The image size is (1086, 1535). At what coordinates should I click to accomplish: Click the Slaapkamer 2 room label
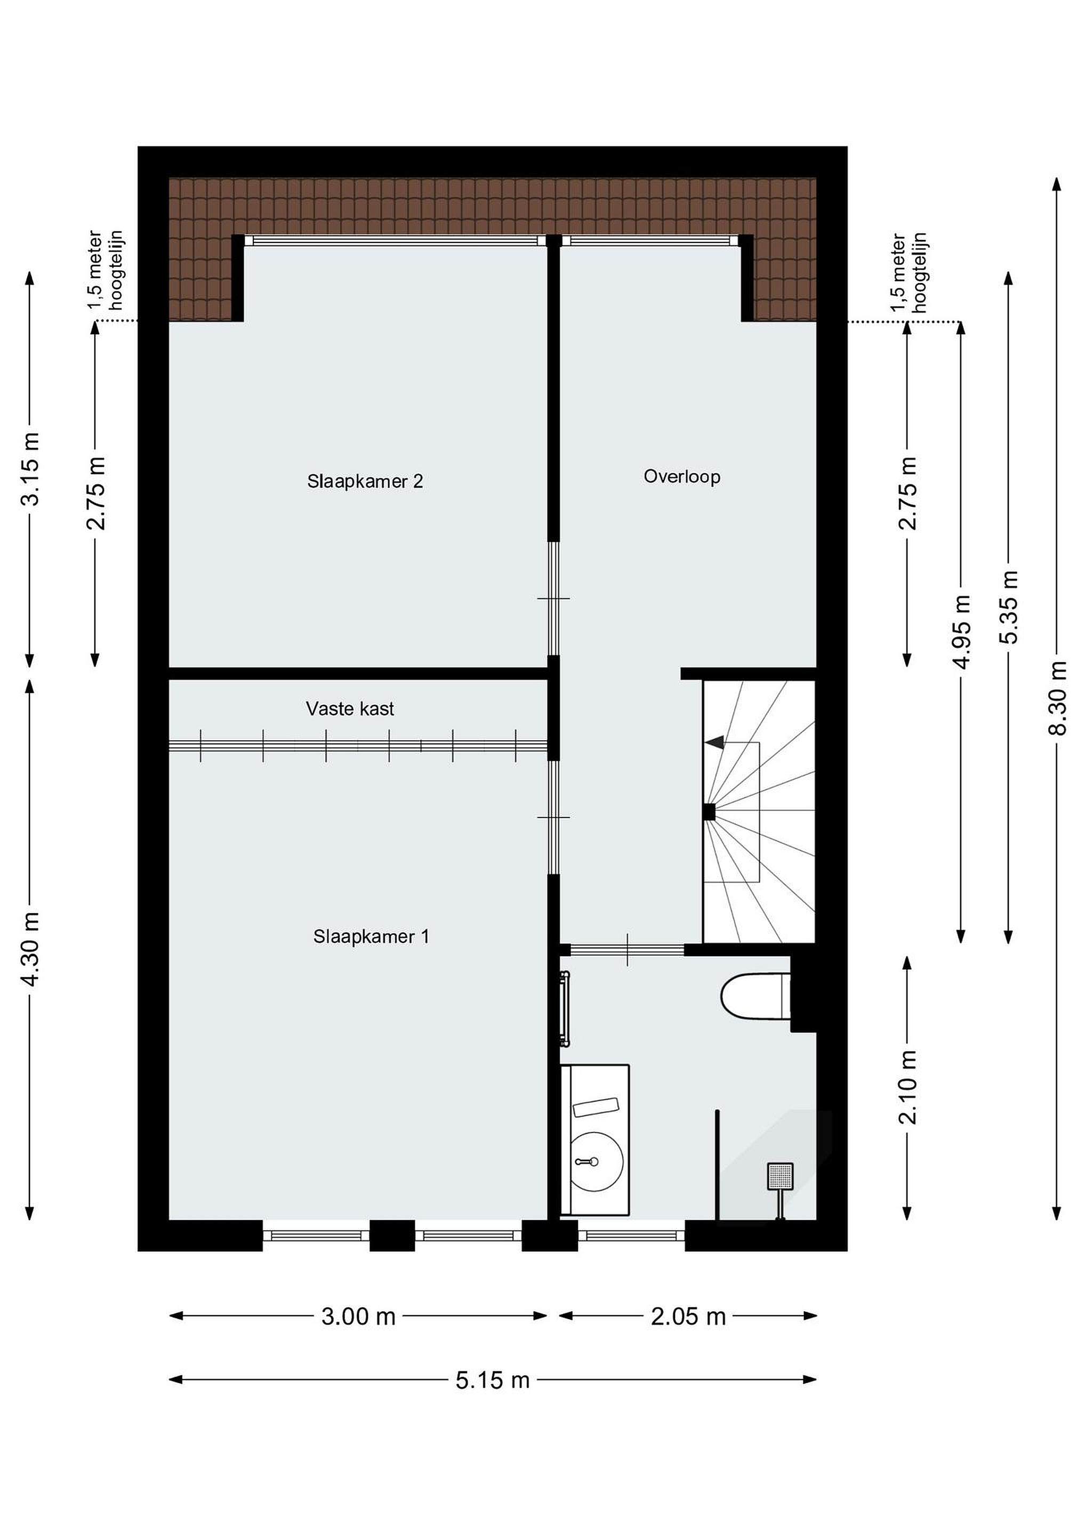365,481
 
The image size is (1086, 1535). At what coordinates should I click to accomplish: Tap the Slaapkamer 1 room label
371,936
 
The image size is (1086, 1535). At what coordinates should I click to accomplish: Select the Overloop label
682,476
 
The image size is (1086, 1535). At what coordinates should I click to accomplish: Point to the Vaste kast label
350,709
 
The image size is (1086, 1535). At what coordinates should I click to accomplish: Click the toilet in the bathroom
755,997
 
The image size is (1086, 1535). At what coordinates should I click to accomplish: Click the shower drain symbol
781,1176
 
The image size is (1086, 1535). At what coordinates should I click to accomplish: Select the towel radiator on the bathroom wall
566,1009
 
